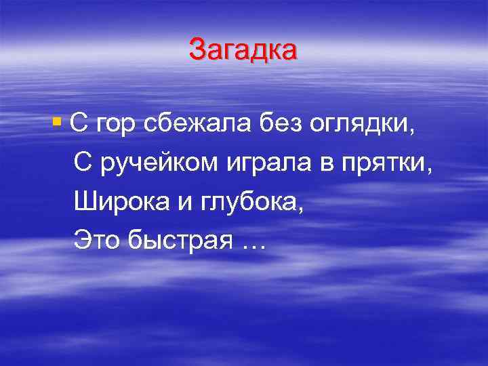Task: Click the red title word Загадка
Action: click(243, 50)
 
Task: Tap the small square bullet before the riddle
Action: click(56, 123)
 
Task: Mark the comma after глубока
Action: click(300, 207)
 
